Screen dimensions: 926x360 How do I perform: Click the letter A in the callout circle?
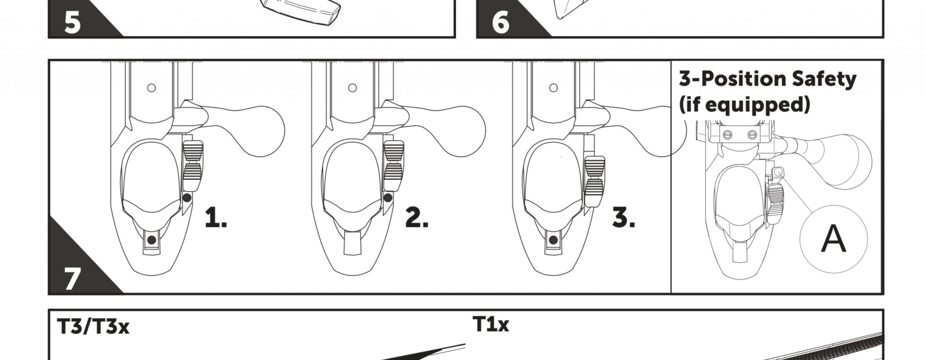coord(833,239)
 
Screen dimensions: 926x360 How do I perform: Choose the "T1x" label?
coord(491,324)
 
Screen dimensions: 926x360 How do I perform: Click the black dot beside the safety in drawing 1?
coord(187,198)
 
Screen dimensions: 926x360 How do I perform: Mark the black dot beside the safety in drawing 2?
coord(387,197)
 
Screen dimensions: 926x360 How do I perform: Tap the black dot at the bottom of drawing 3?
coord(552,240)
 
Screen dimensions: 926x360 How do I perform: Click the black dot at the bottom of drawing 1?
coord(152,240)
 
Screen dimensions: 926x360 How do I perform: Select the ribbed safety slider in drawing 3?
coord(595,181)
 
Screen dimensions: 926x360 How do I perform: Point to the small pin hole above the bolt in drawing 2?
coord(353,88)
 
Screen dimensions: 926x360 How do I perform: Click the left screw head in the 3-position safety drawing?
coord(728,134)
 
